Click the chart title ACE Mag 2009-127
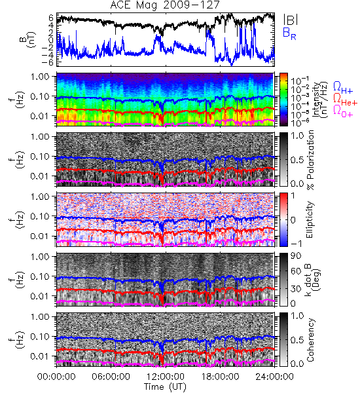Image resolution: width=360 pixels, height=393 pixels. coord(165,5)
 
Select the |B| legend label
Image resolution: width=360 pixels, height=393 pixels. coord(291,19)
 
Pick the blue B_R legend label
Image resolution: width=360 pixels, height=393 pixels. coord(289,33)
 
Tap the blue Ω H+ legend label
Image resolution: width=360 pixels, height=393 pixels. coord(343,88)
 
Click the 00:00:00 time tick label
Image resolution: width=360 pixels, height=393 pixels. coord(56,377)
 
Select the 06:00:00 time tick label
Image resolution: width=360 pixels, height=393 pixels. coord(111,377)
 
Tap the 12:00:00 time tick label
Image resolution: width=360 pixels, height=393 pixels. coord(166,377)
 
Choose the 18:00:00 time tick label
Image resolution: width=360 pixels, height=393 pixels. coord(220,377)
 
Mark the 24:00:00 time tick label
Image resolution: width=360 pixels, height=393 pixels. coord(274,377)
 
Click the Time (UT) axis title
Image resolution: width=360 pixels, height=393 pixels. coord(165,386)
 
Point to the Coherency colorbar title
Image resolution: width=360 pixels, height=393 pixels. coord(310,340)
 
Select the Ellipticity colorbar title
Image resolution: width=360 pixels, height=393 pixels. coord(310,219)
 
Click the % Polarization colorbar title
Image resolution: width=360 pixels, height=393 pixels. coord(310,160)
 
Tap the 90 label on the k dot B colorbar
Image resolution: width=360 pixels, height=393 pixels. coord(296,256)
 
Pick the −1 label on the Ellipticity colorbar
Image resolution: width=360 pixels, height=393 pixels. coord(296,243)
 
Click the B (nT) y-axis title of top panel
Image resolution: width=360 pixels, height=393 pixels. coord(29,39)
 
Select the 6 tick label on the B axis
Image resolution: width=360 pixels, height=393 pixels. coord(51,18)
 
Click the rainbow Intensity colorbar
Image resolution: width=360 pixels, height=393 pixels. coord(283,100)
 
